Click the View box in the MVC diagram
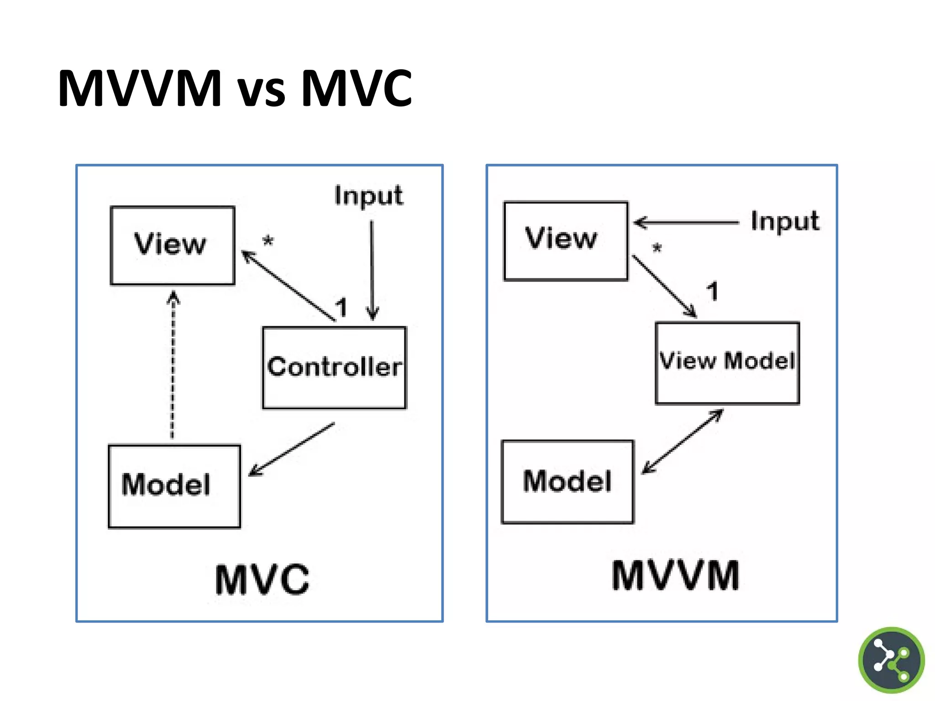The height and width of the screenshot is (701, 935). tap(173, 246)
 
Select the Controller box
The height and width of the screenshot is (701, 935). tap(334, 367)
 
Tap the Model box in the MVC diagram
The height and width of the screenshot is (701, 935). tap(174, 486)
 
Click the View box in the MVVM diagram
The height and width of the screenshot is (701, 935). tap(566, 241)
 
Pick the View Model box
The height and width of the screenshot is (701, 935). tap(727, 363)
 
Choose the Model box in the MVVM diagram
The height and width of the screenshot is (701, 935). tap(567, 481)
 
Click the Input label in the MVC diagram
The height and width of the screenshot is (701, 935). tap(368, 196)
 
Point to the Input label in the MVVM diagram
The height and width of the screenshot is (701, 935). tap(785, 221)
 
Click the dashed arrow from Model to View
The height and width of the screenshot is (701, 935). tap(173, 365)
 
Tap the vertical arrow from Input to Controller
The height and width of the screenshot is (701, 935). tap(372, 269)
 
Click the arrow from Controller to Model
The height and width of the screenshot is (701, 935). tap(292, 449)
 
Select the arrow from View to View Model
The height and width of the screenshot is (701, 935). tap(664, 286)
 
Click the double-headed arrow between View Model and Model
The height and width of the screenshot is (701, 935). tap(683, 441)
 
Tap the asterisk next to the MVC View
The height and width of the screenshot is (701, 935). tap(268, 241)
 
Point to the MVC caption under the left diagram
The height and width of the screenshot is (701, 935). tap(262, 580)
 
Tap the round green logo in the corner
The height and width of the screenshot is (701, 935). tap(891, 660)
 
